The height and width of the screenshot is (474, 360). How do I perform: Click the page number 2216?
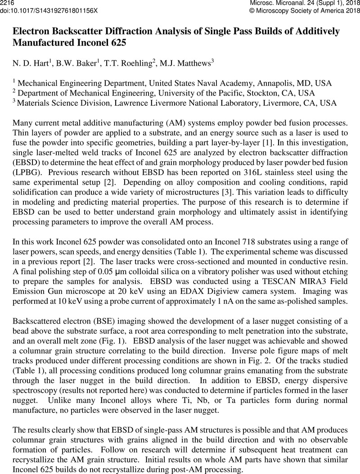(x=8, y=3)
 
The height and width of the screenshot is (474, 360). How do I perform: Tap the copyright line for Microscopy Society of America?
(x=305, y=10)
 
